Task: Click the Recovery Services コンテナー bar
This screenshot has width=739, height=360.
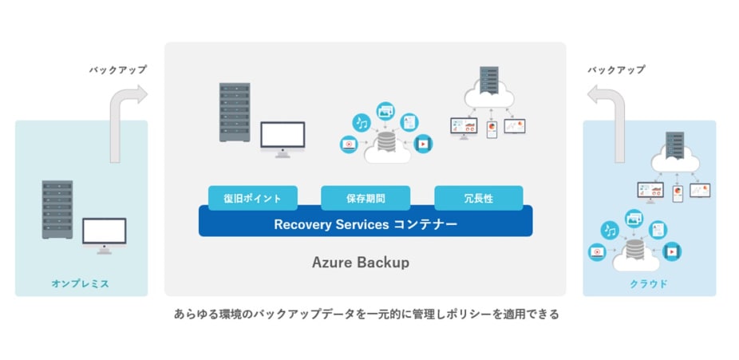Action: pos(366,224)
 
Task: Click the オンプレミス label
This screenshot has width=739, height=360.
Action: pos(81,284)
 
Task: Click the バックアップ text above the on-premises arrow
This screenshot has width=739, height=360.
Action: pos(117,70)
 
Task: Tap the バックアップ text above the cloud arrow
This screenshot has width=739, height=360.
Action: pos(615,70)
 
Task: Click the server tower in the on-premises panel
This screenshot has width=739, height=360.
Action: pos(57,209)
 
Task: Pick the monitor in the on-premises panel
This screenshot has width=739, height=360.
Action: pos(104,234)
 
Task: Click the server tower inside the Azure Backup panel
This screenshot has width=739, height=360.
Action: pos(234,112)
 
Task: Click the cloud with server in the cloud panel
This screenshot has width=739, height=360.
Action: pos(673,154)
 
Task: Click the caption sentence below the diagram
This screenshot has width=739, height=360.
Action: pos(366,315)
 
